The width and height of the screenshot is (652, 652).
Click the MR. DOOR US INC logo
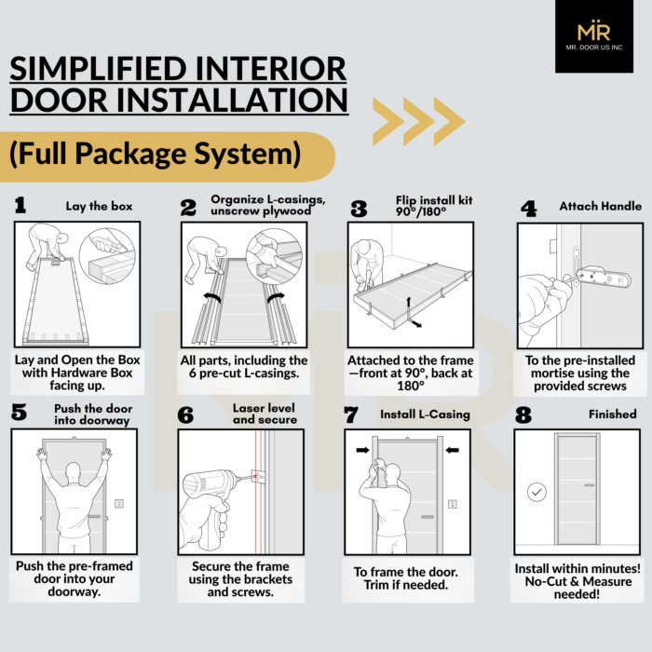(x=594, y=36)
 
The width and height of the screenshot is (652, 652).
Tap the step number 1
(x=20, y=206)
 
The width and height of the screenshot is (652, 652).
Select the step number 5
(x=20, y=412)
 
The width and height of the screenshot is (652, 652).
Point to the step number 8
(x=523, y=414)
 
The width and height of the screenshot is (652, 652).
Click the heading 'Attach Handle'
(x=600, y=206)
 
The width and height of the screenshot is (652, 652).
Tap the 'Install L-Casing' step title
(x=425, y=414)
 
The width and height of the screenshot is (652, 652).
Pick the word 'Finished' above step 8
(x=613, y=414)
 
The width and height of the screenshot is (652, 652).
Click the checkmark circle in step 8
(x=537, y=492)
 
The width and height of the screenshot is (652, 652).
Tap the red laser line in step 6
(x=255, y=492)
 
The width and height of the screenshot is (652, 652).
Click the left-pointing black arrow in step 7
(x=452, y=450)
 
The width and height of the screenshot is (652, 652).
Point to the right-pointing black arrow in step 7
(x=362, y=450)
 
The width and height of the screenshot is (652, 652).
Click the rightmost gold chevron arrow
(x=450, y=121)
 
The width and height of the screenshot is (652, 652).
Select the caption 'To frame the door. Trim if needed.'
(x=406, y=578)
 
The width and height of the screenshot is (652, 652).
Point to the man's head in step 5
(x=74, y=473)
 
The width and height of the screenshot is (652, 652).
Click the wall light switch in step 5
(x=119, y=504)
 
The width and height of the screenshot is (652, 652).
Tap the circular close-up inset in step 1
(x=107, y=256)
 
